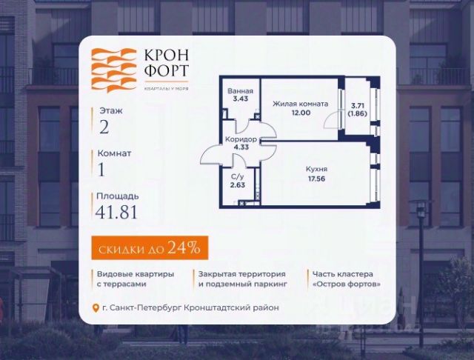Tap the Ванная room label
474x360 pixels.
coord(240,91)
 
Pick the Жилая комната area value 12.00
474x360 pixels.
coord(299,113)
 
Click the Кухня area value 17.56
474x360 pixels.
coord(317,178)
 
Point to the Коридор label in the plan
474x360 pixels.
coord(240,139)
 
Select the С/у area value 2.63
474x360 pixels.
coord(237,185)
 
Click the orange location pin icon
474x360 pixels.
coord(94,308)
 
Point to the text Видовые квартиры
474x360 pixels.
coord(135,273)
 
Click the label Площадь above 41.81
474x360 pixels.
coord(117,196)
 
